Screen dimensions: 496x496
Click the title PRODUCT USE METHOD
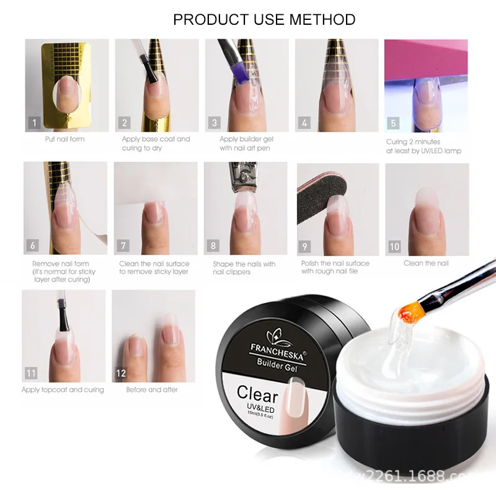[x=264, y=19]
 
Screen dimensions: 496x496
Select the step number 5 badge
[x=393, y=123]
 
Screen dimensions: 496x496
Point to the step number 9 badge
[x=304, y=246]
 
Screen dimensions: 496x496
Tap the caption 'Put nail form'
[x=64, y=139]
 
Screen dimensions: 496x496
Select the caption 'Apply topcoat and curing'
[x=63, y=390]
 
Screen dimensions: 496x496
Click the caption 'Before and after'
[x=152, y=390]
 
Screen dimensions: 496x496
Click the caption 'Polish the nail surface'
[x=335, y=263]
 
